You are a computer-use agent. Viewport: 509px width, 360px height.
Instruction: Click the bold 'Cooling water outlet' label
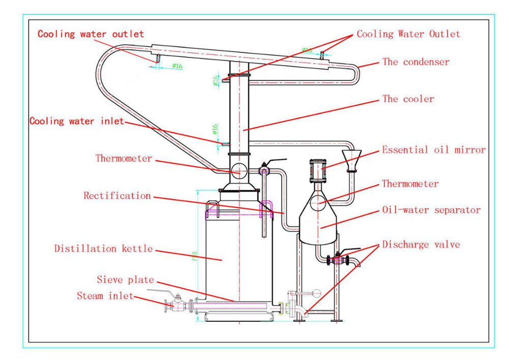[x=91, y=34]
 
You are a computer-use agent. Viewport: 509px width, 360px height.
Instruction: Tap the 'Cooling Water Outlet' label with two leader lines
[x=408, y=34]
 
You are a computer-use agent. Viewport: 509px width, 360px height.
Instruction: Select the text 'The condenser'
[x=416, y=62]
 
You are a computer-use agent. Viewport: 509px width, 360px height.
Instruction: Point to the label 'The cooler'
[x=408, y=99]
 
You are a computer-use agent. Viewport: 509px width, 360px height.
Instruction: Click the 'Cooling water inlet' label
[x=76, y=121]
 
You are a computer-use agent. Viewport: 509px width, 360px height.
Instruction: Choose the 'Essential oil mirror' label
[x=434, y=150]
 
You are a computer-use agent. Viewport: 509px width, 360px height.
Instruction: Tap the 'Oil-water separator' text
[x=431, y=210]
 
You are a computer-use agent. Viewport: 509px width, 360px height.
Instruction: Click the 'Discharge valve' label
[x=421, y=244]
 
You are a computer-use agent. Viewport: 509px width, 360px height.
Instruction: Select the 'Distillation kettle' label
[x=103, y=248]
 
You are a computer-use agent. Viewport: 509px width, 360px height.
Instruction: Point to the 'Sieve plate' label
[x=125, y=280]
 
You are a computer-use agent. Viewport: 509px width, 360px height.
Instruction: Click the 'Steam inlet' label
[x=105, y=295]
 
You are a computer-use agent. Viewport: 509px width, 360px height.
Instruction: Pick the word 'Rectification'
[x=117, y=196]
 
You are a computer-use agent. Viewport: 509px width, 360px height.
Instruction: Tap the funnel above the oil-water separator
[x=351, y=159]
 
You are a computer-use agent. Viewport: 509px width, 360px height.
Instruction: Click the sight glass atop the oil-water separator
[x=317, y=170]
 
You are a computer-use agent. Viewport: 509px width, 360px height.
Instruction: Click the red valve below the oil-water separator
[x=336, y=260]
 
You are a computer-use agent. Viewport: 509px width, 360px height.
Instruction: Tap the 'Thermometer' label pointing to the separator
[x=410, y=183]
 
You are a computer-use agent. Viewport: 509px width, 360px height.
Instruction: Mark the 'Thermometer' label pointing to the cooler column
[x=124, y=158]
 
